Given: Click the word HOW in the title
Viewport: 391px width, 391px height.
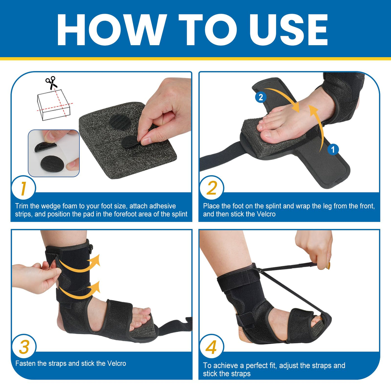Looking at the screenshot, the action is coord(112,30).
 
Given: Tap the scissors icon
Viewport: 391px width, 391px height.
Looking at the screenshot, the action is coord(51,83).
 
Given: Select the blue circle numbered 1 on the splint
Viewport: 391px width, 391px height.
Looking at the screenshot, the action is coord(333,149).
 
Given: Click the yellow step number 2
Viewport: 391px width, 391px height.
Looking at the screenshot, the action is coord(212,188).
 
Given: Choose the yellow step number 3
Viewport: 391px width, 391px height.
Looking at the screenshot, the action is coord(24,347).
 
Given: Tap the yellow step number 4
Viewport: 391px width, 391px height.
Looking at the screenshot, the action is coord(211,347).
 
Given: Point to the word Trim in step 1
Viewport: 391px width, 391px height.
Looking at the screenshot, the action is coord(22,206).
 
